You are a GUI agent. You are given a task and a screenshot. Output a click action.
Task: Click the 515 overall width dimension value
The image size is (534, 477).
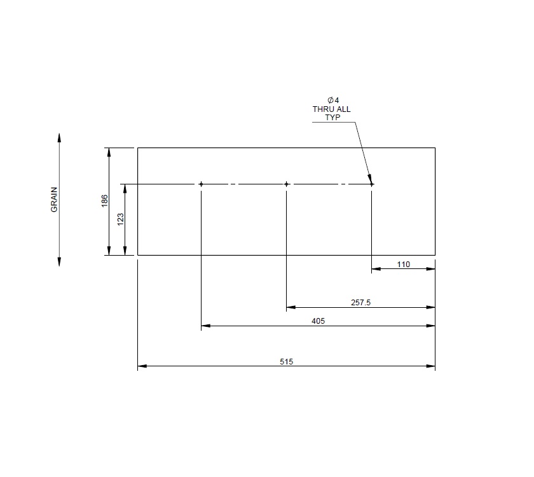pos(286,361)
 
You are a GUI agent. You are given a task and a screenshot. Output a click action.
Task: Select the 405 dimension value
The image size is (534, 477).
pos(318,321)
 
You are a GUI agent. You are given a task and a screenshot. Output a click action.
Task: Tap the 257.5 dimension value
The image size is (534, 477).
pos(360,303)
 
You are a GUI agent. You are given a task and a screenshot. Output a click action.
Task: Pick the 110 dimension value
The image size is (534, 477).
pos(403,265)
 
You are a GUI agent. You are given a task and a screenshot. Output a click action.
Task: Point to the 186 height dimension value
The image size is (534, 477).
pos(104,201)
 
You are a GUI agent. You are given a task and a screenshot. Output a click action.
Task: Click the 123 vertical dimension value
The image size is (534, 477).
pos(120,219)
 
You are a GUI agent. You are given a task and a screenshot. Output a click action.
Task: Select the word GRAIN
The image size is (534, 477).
pos(55,200)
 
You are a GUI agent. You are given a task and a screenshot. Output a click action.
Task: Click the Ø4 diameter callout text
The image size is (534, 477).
pos(331,100)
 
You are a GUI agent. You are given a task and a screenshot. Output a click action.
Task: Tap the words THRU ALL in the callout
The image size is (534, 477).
pos(331,109)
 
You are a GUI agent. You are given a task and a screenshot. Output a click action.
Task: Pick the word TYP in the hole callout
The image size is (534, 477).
pos(331,118)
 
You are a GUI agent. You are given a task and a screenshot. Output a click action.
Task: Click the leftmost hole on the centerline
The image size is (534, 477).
pos(201,184)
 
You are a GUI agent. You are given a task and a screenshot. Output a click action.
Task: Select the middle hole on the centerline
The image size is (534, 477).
pos(287,184)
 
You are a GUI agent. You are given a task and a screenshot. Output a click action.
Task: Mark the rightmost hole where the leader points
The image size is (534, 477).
pos(372,184)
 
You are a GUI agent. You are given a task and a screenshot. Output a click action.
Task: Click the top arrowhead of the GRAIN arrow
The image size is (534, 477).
pos(59,137)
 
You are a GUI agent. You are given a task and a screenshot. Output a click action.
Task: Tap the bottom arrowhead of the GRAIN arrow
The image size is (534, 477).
pos(59,262)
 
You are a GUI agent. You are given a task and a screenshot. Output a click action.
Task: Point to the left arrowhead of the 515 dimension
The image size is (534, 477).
pos(142,366)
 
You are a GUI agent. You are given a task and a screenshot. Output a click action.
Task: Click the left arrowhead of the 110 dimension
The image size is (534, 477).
pos(376,269)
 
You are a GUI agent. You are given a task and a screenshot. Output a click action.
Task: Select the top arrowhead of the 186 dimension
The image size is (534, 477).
pos(109,152)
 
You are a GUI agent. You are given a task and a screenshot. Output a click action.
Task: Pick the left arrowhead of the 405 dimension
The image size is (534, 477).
pos(205,326)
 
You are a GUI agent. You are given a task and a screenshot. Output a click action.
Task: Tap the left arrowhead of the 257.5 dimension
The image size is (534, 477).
pos(291,308)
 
